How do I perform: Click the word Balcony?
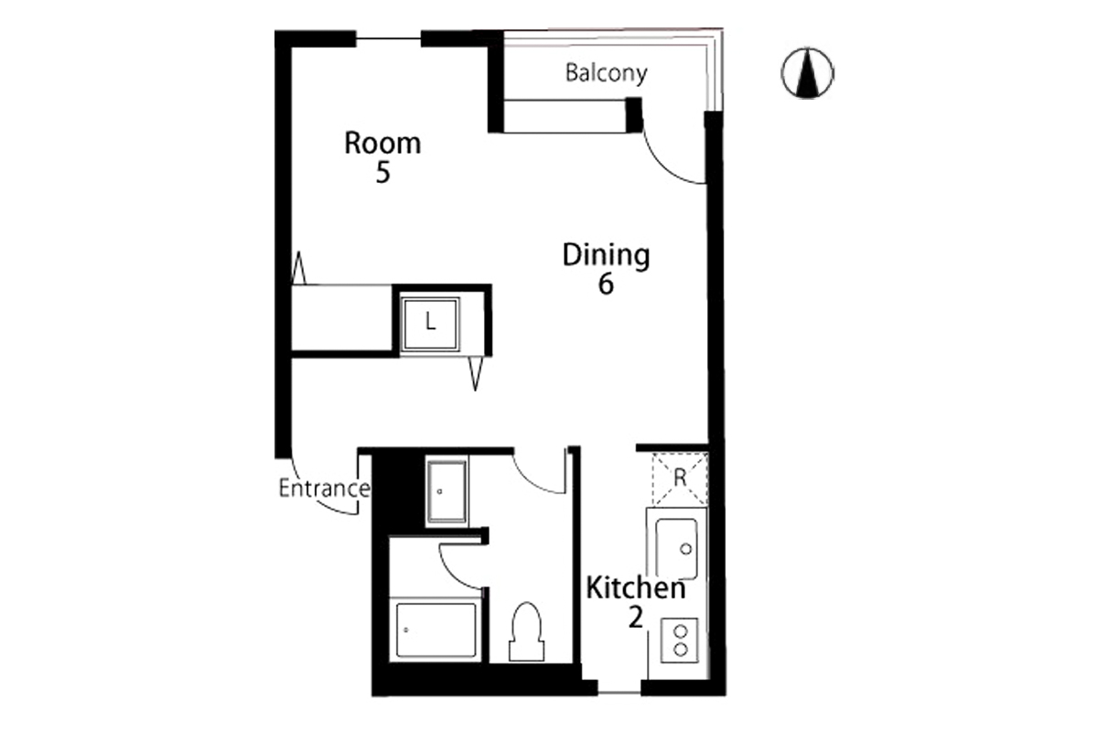pos(607,73)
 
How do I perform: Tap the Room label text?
pos(382,143)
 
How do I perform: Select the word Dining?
pos(606,255)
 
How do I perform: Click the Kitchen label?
pos(636,588)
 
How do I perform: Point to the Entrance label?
pos(324,489)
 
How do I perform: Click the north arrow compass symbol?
pos(807,73)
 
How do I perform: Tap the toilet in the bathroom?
pos(526,631)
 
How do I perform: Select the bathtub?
pos(436,630)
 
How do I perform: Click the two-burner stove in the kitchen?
pos(679,640)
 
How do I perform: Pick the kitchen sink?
pos(676,549)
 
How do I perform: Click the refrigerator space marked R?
pos(679,479)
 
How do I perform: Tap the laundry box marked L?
pos(430,323)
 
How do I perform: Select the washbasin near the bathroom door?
pos(447,491)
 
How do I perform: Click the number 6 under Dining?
pos(606,284)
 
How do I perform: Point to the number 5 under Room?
pos(382,173)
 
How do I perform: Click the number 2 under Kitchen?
pos(635,618)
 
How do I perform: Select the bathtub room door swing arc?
pos(450,573)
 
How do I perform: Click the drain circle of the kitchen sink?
pos(686,549)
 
